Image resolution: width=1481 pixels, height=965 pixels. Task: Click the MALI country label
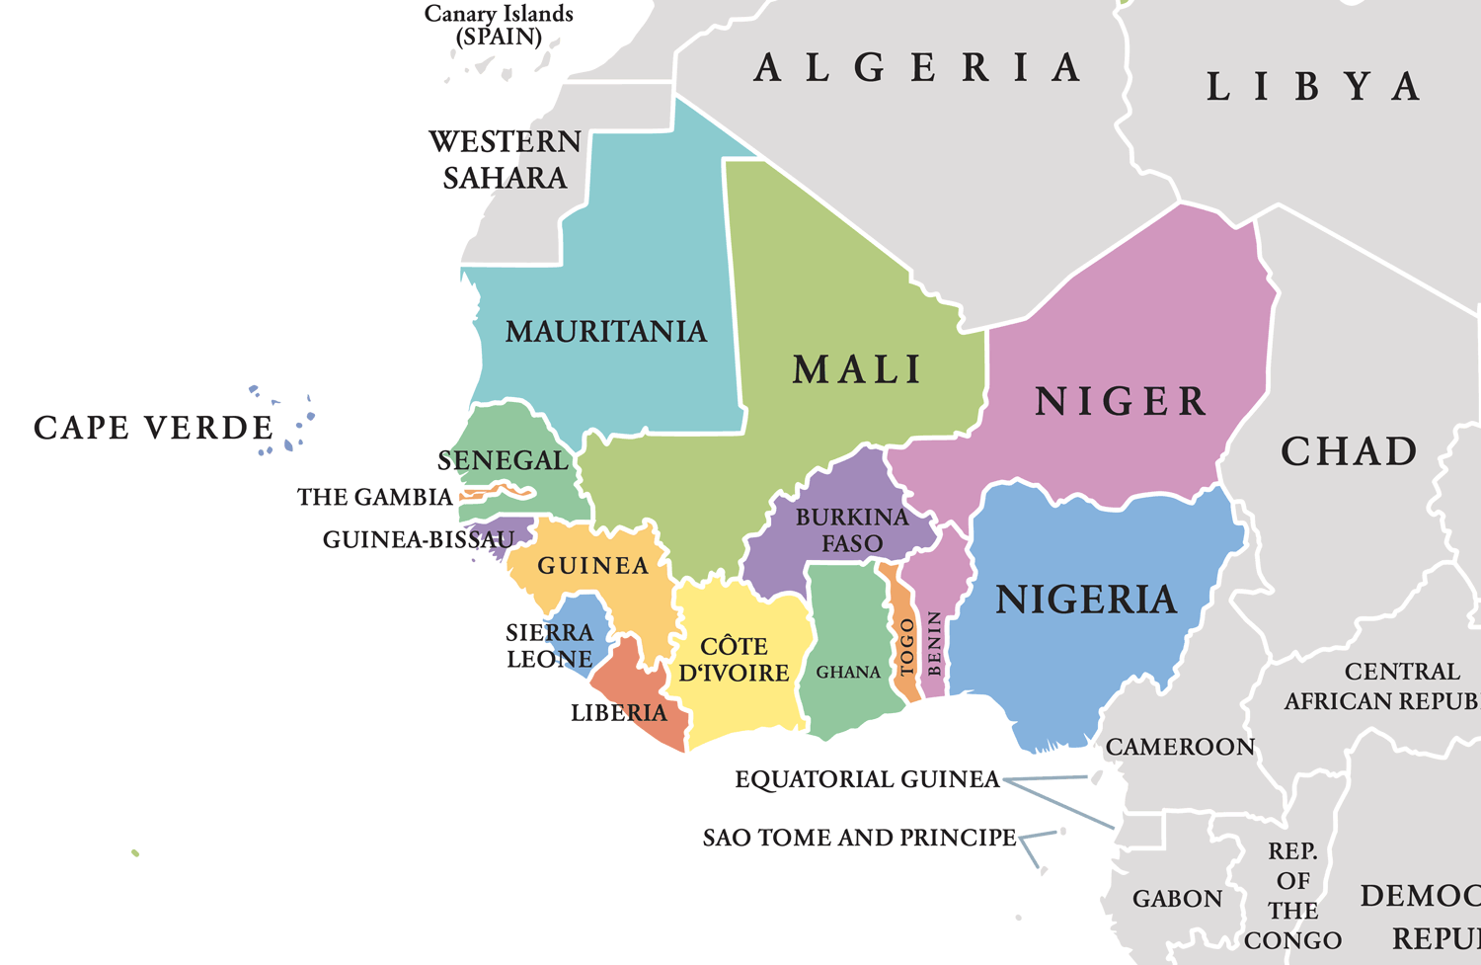pos(857,370)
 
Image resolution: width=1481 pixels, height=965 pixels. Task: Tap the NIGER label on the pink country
pos(1121,402)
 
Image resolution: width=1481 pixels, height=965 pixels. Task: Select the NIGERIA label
pos(1086,600)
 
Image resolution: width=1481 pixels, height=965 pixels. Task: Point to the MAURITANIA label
pos(606,332)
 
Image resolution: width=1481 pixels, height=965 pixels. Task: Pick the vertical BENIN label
pos(934,644)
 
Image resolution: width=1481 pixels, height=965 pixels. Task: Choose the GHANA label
pos(848,673)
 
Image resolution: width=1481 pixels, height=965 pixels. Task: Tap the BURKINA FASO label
pos(852,530)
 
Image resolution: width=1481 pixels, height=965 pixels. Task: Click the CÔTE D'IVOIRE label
pos(734,660)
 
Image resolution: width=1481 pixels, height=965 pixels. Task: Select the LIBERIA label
pos(619,713)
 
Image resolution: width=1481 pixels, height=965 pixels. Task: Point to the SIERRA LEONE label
pos(550,646)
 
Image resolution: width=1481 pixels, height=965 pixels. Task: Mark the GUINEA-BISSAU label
pos(419,540)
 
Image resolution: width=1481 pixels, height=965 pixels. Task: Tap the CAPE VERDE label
pos(154,428)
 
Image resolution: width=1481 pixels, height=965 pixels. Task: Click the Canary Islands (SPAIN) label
pos(499,26)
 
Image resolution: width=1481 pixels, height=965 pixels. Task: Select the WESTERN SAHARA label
pos(505,160)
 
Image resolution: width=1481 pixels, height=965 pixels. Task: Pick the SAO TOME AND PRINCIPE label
pos(859,838)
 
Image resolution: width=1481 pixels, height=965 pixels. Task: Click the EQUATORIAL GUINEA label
pos(868,779)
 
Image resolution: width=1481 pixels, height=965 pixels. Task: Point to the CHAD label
pos(1349,451)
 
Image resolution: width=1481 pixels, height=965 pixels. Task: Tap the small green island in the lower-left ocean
pos(135,852)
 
